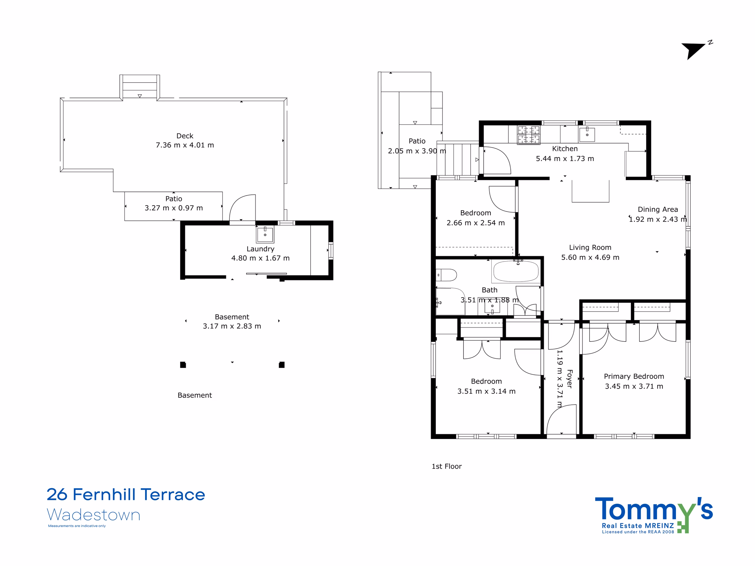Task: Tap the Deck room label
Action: click(x=185, y=136)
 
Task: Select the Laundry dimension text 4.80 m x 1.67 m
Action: click(x=260, y=258)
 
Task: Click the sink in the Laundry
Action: click(x=265, y=234)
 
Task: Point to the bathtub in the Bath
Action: click(x=516, y=272)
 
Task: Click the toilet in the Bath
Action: click(x=447, y=275)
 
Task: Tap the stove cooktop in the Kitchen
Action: click(x=528, y=135)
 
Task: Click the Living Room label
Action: click(x=590, y=247)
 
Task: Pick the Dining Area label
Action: click(x=658, y=210)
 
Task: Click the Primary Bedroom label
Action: click(x=634, y=376)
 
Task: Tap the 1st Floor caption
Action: click(x=447, y=466)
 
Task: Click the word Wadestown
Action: click(x=93, y=515)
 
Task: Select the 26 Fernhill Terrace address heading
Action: click(x=126, y=494)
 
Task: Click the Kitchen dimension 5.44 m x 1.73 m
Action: click(x=565, y=159)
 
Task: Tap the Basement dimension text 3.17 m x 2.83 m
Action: click(x=232, y=326)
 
